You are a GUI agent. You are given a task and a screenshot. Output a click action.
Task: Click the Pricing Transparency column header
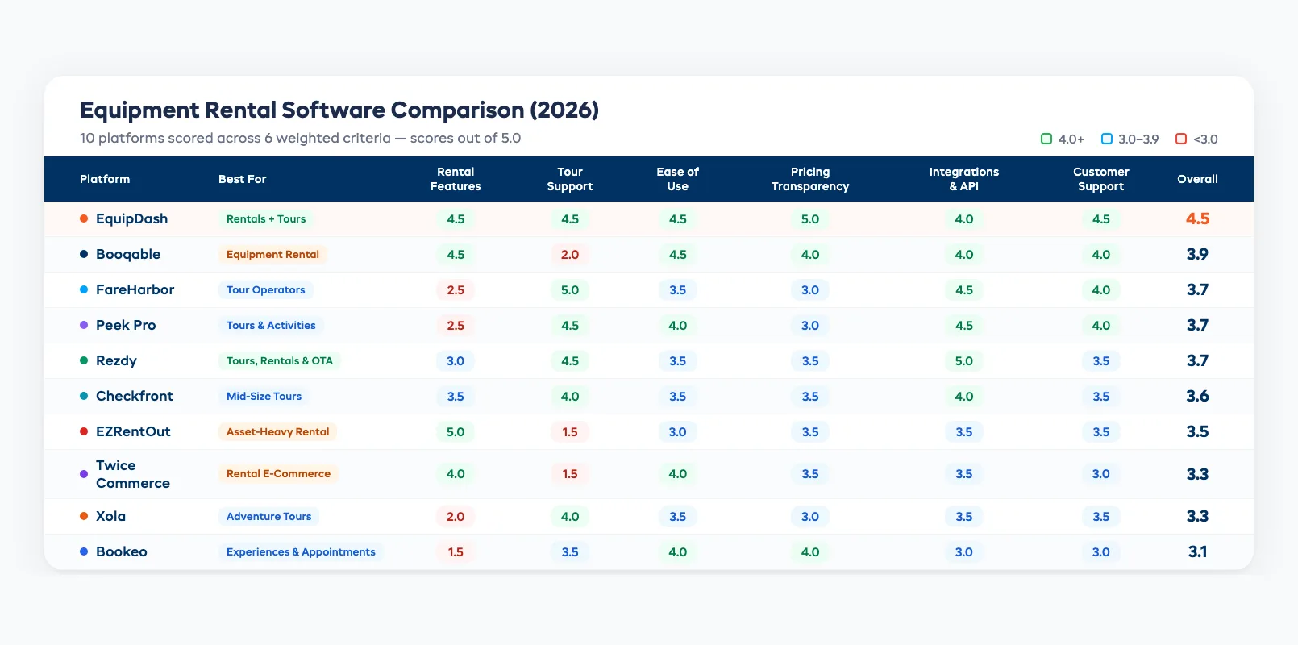[x=809, y=179]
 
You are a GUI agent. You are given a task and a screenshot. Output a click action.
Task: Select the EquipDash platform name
[x=131, y=218]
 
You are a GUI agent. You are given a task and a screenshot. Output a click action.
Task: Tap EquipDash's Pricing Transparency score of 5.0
[x=809, y=219]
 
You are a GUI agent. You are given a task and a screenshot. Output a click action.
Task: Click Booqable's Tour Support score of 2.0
[x=569, y=255]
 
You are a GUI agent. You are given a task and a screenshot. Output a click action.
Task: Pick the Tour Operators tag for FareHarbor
[x=265, y=290]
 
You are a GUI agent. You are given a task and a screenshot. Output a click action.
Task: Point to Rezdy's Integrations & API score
[x=963, y=361]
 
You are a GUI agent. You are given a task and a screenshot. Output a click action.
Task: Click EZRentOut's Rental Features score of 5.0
[x=455, y=432]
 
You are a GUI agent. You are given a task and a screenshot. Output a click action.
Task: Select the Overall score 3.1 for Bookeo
[x=1196, y=552]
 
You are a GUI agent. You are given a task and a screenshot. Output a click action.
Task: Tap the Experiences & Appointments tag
[x=301, y=552]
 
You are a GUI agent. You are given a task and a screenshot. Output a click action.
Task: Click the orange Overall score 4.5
[x=1196, y=219]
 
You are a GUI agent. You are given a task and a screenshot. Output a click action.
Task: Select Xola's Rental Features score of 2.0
[x=455, y=517]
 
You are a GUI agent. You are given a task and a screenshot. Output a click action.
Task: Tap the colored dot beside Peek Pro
[x=84, y=326]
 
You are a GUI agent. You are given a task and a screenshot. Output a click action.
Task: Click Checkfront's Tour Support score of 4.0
[x=569, y=397]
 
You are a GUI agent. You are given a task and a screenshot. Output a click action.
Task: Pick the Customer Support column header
[x=1100, y=179]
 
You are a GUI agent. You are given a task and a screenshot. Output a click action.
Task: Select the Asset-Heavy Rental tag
[x=277, y=432]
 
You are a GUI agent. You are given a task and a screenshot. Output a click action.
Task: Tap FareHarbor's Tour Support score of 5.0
[x=569, y=290]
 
